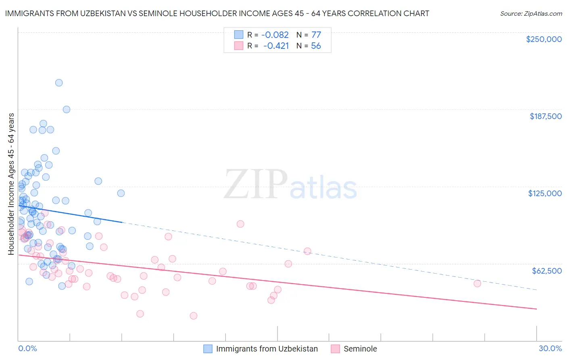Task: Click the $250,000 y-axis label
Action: pyautogui.click(x=544, y=39)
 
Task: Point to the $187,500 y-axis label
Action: pyautogui.click(x=545, y=116)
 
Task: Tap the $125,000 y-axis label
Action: pyautogui.click(x=545, y=193)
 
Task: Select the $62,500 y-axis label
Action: pyautogui.click(x=546, y=271)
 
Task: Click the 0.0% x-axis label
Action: pyautogui.click(x=27, y=348)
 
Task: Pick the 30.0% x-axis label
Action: pyautogui.click(x=550, y=348)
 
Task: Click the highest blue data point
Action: pyautogui.click(x=59, y=83)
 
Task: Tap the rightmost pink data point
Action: pyautogui.click(x=477, y=283)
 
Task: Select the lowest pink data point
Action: pyautogui.click(x=194, y=316)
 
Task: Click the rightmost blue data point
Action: pyautogui.click(x=121, y=193)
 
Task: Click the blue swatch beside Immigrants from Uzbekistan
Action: pyautogui.click(x=208, y=349)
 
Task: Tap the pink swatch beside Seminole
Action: pyautogui.click(x=335, y=349)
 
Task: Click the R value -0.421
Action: pyautogui.click(x=276, y=46)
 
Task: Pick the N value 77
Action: pyautogui.click(x=316, y=35)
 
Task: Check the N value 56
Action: pyautogui.click(x=316, y=46)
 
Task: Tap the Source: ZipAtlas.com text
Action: pyautogui.click(x=531, y=13)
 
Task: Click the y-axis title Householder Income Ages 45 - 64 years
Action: pyautogui.click(x=11, y=184)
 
